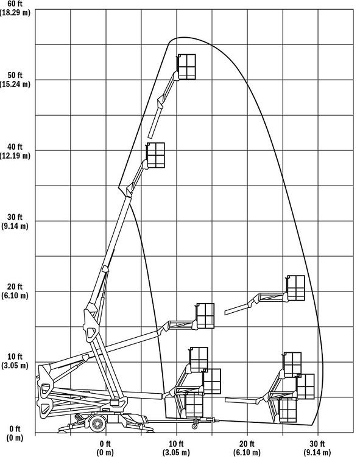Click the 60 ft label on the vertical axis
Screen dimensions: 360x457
(15, 4)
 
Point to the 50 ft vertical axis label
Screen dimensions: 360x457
(15, 75)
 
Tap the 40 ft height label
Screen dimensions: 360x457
(15, 147)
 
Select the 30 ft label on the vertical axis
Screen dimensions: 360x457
(15, 217)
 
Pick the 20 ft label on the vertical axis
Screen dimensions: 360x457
(15, 287)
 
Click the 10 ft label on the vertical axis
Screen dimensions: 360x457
(15, 357)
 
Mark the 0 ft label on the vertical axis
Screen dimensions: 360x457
(15, 429)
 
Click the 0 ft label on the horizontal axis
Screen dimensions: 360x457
(105, 444)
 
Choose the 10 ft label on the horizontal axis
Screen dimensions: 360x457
(176, 444)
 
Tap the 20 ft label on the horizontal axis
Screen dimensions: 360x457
(247, 444)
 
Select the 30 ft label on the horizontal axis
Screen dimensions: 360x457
(317, 444)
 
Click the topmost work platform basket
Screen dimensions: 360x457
(186, 67)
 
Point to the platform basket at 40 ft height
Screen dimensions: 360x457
(155, 155)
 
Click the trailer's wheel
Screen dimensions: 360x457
(97, 423)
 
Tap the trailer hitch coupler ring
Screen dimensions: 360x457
(194, 426)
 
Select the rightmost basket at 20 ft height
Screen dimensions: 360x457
(296, 288)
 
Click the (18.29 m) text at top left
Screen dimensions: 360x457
(15, 13)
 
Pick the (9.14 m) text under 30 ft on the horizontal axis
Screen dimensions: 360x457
(317, 453)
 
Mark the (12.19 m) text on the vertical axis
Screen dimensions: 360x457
(15, 156)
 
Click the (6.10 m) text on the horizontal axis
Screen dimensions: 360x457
(247, 453)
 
